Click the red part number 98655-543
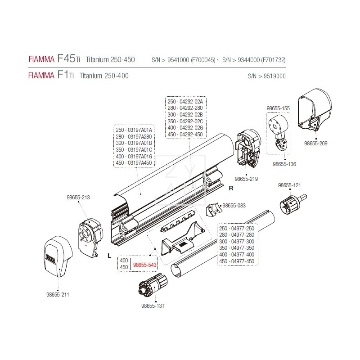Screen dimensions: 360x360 click(x=144, y=266)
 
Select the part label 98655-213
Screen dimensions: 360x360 click(x=78, y=197)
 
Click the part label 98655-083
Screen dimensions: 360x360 click(x=234, y=205)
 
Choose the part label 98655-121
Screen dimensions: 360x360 click(x=289, y=185)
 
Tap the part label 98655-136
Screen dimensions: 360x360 click(x=284, y=164)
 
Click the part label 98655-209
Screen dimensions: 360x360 click(x=316, y=144)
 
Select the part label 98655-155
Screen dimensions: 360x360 click(x=278, y=108)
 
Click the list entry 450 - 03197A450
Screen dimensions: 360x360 click(x=134, y=163)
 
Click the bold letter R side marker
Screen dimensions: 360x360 click(x=231, y=188)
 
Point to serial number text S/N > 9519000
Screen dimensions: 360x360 click(x=266, y=76)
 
